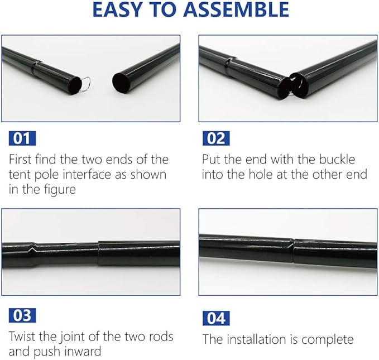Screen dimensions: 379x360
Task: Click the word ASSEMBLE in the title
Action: tap(236, 9)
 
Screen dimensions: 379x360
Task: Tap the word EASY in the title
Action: tap(117, 9)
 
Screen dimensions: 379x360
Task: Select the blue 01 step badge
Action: tap(22, 138)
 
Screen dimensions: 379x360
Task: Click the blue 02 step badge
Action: tap(216, 138)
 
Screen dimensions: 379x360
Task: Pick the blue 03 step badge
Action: tap(22, 315)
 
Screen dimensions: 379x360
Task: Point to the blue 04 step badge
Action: tap(216, 318)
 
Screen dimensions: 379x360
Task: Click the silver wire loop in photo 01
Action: tap(86, 84)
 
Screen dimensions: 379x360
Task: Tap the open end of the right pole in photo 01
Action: tap(121, 83)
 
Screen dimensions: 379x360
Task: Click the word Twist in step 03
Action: tap(22, 337)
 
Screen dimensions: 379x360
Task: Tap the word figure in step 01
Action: tap(61, 190)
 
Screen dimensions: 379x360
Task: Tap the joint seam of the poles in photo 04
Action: tap(293, 252)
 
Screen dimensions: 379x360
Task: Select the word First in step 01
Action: tap(20, 159)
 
